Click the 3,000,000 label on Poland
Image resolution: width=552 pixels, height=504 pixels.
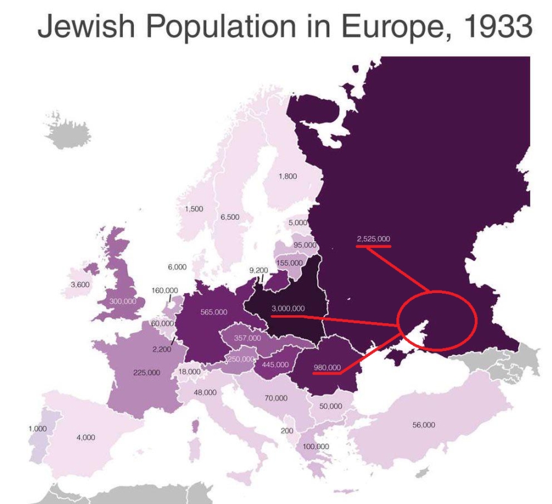(x=288, y=308)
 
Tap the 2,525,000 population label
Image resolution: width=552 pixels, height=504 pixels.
(x=373, y=238)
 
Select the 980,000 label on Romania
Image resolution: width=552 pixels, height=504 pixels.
(x=327, y=368)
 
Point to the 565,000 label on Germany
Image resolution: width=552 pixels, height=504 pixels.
(x=214, y=312)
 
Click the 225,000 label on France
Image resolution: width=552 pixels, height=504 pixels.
(x=146, y=373)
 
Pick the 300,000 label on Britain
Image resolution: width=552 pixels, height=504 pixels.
(x=122, y=301)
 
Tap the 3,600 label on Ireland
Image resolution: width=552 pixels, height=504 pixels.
(x=80, y=284)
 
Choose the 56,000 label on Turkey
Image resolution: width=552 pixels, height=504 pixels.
(x=424, y=424)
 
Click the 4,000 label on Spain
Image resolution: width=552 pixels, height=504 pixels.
(x=86, y=437)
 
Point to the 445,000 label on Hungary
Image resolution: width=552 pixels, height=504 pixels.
(x=275, y=365)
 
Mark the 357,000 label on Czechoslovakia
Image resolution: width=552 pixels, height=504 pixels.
(x=248, y=338)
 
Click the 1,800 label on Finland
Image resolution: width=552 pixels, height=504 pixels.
(x=288, y=176)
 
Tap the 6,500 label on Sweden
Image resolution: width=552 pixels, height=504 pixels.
(x=230, y=217)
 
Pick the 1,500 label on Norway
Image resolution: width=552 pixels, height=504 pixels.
(x=194, y=209)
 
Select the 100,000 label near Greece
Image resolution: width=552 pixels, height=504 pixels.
(x=316, y=446)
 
